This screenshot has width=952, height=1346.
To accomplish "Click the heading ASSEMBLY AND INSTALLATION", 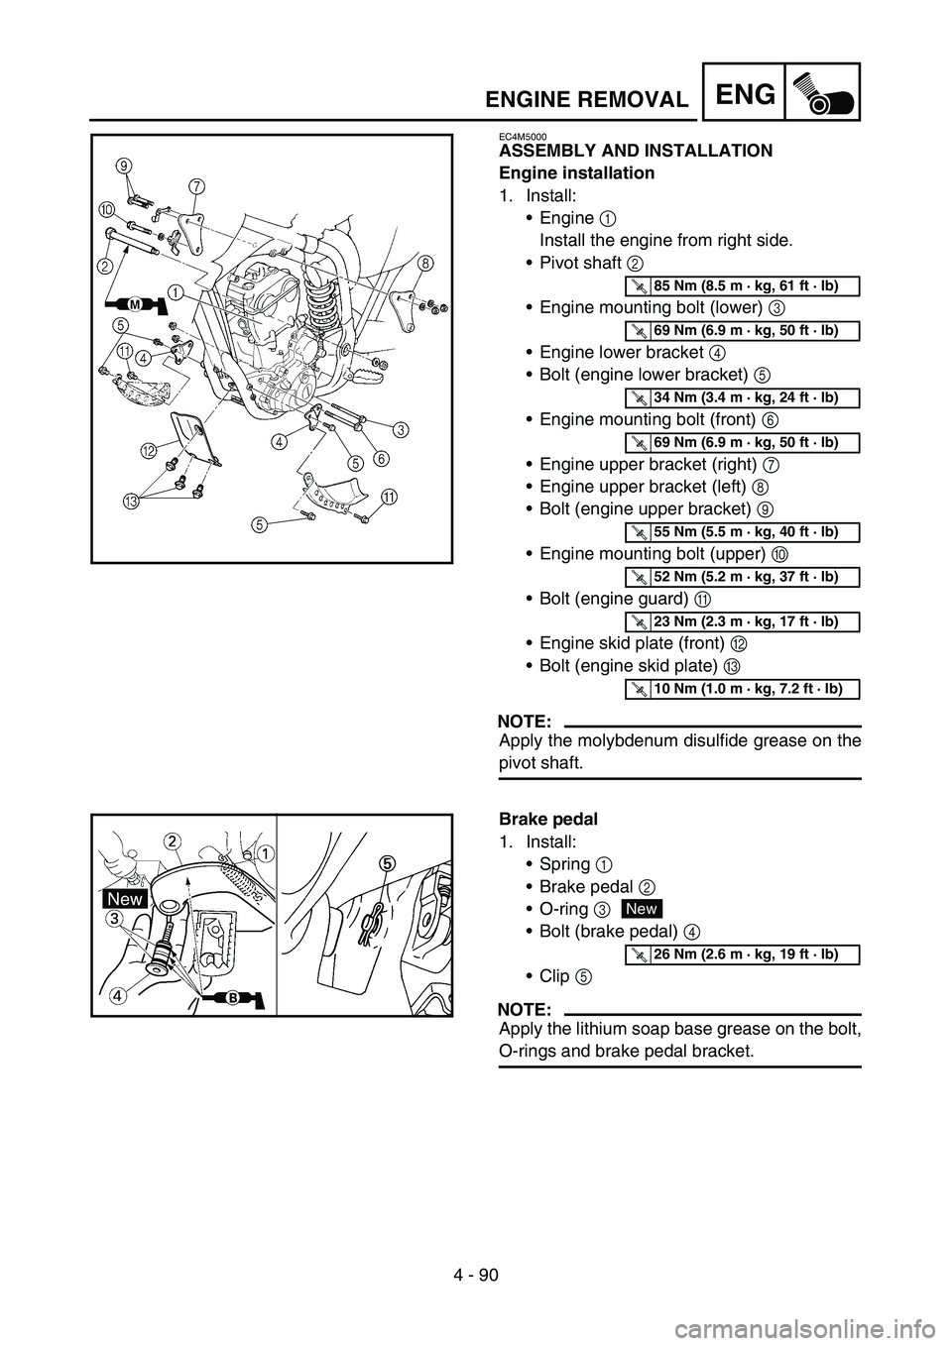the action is click(636, 151).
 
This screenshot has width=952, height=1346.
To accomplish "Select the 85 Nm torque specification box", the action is click(742, 286).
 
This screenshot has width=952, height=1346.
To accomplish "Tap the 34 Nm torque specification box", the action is click(742, 397).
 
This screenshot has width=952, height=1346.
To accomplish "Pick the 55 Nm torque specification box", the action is click(742, 532).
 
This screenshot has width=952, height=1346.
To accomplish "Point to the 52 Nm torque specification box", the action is click(742, 577).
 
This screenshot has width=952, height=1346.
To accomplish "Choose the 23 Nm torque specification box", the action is click(742, 621).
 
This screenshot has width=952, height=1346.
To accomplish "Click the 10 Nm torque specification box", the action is click(742, 689).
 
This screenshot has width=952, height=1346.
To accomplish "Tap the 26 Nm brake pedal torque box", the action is click(742, 954).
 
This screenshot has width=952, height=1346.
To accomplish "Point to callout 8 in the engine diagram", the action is click(425, 263).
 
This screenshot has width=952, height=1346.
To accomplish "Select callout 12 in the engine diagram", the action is click(150, 449).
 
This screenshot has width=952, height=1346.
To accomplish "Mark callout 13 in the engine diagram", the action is click(134, 501).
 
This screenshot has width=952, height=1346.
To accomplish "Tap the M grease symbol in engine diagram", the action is click(135, 304).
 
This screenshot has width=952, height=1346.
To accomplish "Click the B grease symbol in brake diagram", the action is click(233, 997).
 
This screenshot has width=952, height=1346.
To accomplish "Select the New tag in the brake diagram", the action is click(125, 899).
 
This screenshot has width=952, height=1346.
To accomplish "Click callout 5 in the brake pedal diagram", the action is click(388, 863).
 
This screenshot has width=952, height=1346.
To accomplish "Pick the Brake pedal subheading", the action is click(548, 819).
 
